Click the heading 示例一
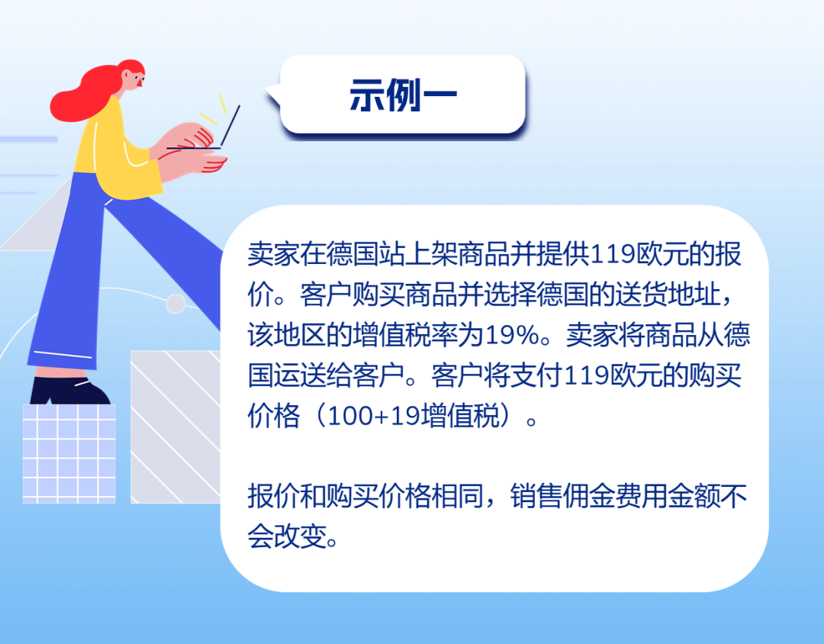(x=403, y=95)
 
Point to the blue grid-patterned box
(x=69, y=454)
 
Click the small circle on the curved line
(x=175, y=304)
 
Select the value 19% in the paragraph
(x=512, y=335)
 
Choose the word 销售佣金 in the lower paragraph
(x=562, y=496)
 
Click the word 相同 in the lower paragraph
(x=457, y=496)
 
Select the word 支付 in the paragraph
(x=536, y=375)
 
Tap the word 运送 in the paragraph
(x=300, y=375)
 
